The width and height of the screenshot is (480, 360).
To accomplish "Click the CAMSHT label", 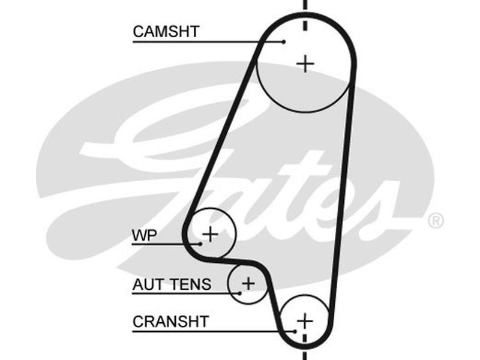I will point(166,31).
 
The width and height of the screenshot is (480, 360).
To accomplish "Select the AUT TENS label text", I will point(172,283).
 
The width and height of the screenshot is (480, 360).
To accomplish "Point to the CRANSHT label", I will point(170,321).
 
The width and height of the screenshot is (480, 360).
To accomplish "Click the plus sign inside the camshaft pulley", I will point(305,63).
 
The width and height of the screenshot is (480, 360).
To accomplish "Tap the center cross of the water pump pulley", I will point(210,233).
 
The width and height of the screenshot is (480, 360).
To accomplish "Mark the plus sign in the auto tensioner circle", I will point(248,282).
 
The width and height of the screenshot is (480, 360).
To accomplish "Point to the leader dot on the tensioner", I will point(239,293).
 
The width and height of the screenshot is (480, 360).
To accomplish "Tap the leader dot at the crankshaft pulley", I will point(295,331).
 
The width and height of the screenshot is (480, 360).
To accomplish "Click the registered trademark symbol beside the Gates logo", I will point(436,221).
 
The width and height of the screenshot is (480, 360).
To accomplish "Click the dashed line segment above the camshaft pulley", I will point(305,6).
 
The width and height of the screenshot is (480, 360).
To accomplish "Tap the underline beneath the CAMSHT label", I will point(198,41).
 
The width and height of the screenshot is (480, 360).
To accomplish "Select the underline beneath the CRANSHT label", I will point(204,331).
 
